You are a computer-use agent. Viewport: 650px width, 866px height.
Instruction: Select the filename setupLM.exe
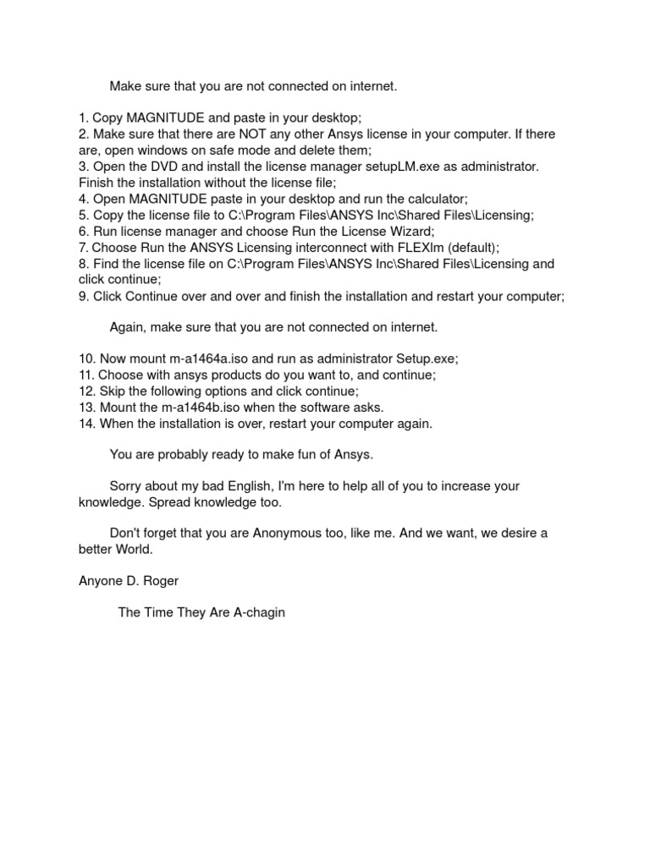click(403, 167)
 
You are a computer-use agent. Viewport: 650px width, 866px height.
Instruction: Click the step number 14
click(86, 424)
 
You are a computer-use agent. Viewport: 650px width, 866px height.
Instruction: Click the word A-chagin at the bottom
click(260, 612)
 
